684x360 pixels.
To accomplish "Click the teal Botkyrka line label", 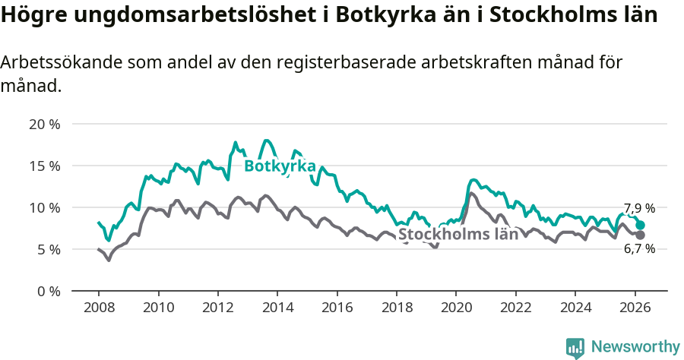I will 280,166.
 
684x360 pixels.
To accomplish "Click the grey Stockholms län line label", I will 458,234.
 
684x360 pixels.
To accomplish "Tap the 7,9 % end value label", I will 639,208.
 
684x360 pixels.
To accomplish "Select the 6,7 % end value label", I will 639,248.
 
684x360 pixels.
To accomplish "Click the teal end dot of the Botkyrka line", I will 641,225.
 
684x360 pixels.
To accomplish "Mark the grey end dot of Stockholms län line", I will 641,235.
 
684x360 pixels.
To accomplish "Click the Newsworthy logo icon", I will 575,347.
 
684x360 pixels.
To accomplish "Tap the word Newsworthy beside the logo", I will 635,347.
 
